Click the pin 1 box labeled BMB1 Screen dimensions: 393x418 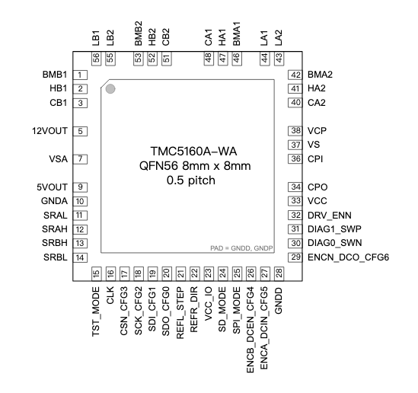pos(79,75)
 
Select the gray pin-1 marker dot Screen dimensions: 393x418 pos(110,89)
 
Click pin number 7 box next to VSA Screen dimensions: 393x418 pos(79,158)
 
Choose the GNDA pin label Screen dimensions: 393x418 pos(56,201)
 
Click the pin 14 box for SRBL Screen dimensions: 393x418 pos(79,257)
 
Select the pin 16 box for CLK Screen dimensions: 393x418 pos(110,273)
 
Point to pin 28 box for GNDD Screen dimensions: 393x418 pos(279,273)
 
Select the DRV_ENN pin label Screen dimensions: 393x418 pos(330,216)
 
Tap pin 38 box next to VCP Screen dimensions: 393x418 pos(295,131)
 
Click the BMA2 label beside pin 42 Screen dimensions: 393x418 pos(324,75)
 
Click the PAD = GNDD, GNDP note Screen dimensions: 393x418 pos(241,249)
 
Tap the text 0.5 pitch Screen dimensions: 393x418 pos(192,181)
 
